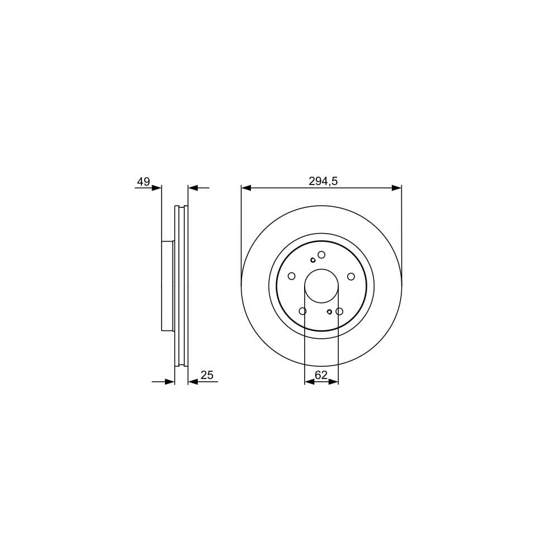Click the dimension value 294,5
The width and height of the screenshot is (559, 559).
coord(323,182)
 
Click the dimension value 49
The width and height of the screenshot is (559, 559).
coord(143,182)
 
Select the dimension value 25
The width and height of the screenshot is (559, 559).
coord(207,375)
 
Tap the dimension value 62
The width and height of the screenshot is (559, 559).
coord(321,375)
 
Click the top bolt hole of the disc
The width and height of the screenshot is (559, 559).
coord(321,254)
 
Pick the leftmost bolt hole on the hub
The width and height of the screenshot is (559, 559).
coord(292,276)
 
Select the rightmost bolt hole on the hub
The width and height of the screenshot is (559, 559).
coord(351,276)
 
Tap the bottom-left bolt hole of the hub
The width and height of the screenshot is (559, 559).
coord(302,311)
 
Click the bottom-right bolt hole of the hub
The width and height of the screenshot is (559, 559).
coord(339,311)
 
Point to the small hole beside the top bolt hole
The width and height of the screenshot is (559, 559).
coord(313,260)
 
